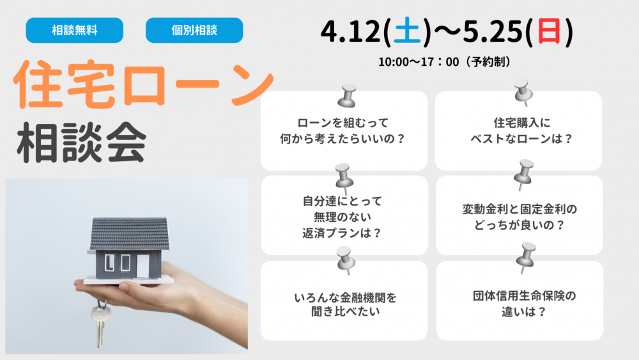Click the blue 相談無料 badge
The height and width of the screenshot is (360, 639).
tap(75, 30)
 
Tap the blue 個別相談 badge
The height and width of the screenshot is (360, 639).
tap(194, 30)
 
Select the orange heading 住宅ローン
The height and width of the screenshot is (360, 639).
tap(143, 84)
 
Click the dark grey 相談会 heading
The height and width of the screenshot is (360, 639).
tap(82, 143)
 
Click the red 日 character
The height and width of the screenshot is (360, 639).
tap(549, 31)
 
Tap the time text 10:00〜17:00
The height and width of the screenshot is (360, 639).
tap(419, 62)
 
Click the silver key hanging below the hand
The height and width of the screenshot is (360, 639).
tap(100, 323)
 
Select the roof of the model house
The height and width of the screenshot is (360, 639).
tap(130, 233)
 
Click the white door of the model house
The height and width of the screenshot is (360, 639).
tap(142, 266)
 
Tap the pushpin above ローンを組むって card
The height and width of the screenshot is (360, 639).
tap(347, 96)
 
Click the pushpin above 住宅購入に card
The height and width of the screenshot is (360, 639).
tap(523, 92)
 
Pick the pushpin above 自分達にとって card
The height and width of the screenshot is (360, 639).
tap(344, 178)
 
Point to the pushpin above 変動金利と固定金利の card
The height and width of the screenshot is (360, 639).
tap(524, 175)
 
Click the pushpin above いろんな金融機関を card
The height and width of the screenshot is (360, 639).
tap(346, 260)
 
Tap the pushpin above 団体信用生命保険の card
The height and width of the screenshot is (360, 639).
tap(526, 258)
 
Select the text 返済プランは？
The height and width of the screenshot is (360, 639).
tap(342, 233)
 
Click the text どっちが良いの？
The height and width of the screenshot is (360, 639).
tap(520, 224)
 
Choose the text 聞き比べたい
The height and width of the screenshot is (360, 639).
tap(346, 311)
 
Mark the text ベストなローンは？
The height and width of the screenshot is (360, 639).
tap(521, 139)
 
